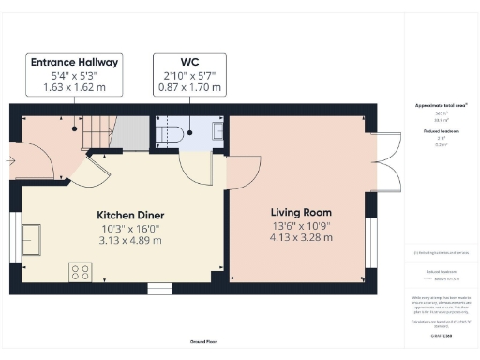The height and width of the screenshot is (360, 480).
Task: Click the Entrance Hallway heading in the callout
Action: pos(74,62)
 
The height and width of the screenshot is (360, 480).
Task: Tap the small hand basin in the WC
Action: pos(218,131)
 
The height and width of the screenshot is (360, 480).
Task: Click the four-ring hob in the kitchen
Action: pos(79,273)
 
